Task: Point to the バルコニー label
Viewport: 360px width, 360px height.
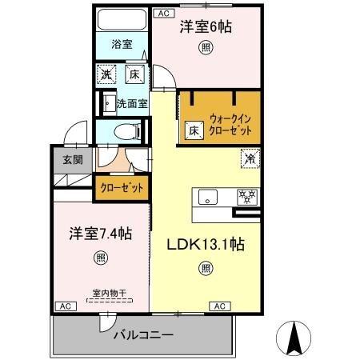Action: point(142,334)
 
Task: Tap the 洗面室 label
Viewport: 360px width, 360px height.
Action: point(131,103)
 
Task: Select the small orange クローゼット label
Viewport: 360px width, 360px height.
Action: point(122,188)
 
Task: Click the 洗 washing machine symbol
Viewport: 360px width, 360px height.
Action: point(106,76)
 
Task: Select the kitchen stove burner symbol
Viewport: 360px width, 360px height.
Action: point(246,196)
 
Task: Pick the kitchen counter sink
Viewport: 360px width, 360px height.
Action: point(207,197)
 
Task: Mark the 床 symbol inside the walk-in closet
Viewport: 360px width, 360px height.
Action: point(194,130)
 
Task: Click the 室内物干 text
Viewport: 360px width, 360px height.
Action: point(98,294)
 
